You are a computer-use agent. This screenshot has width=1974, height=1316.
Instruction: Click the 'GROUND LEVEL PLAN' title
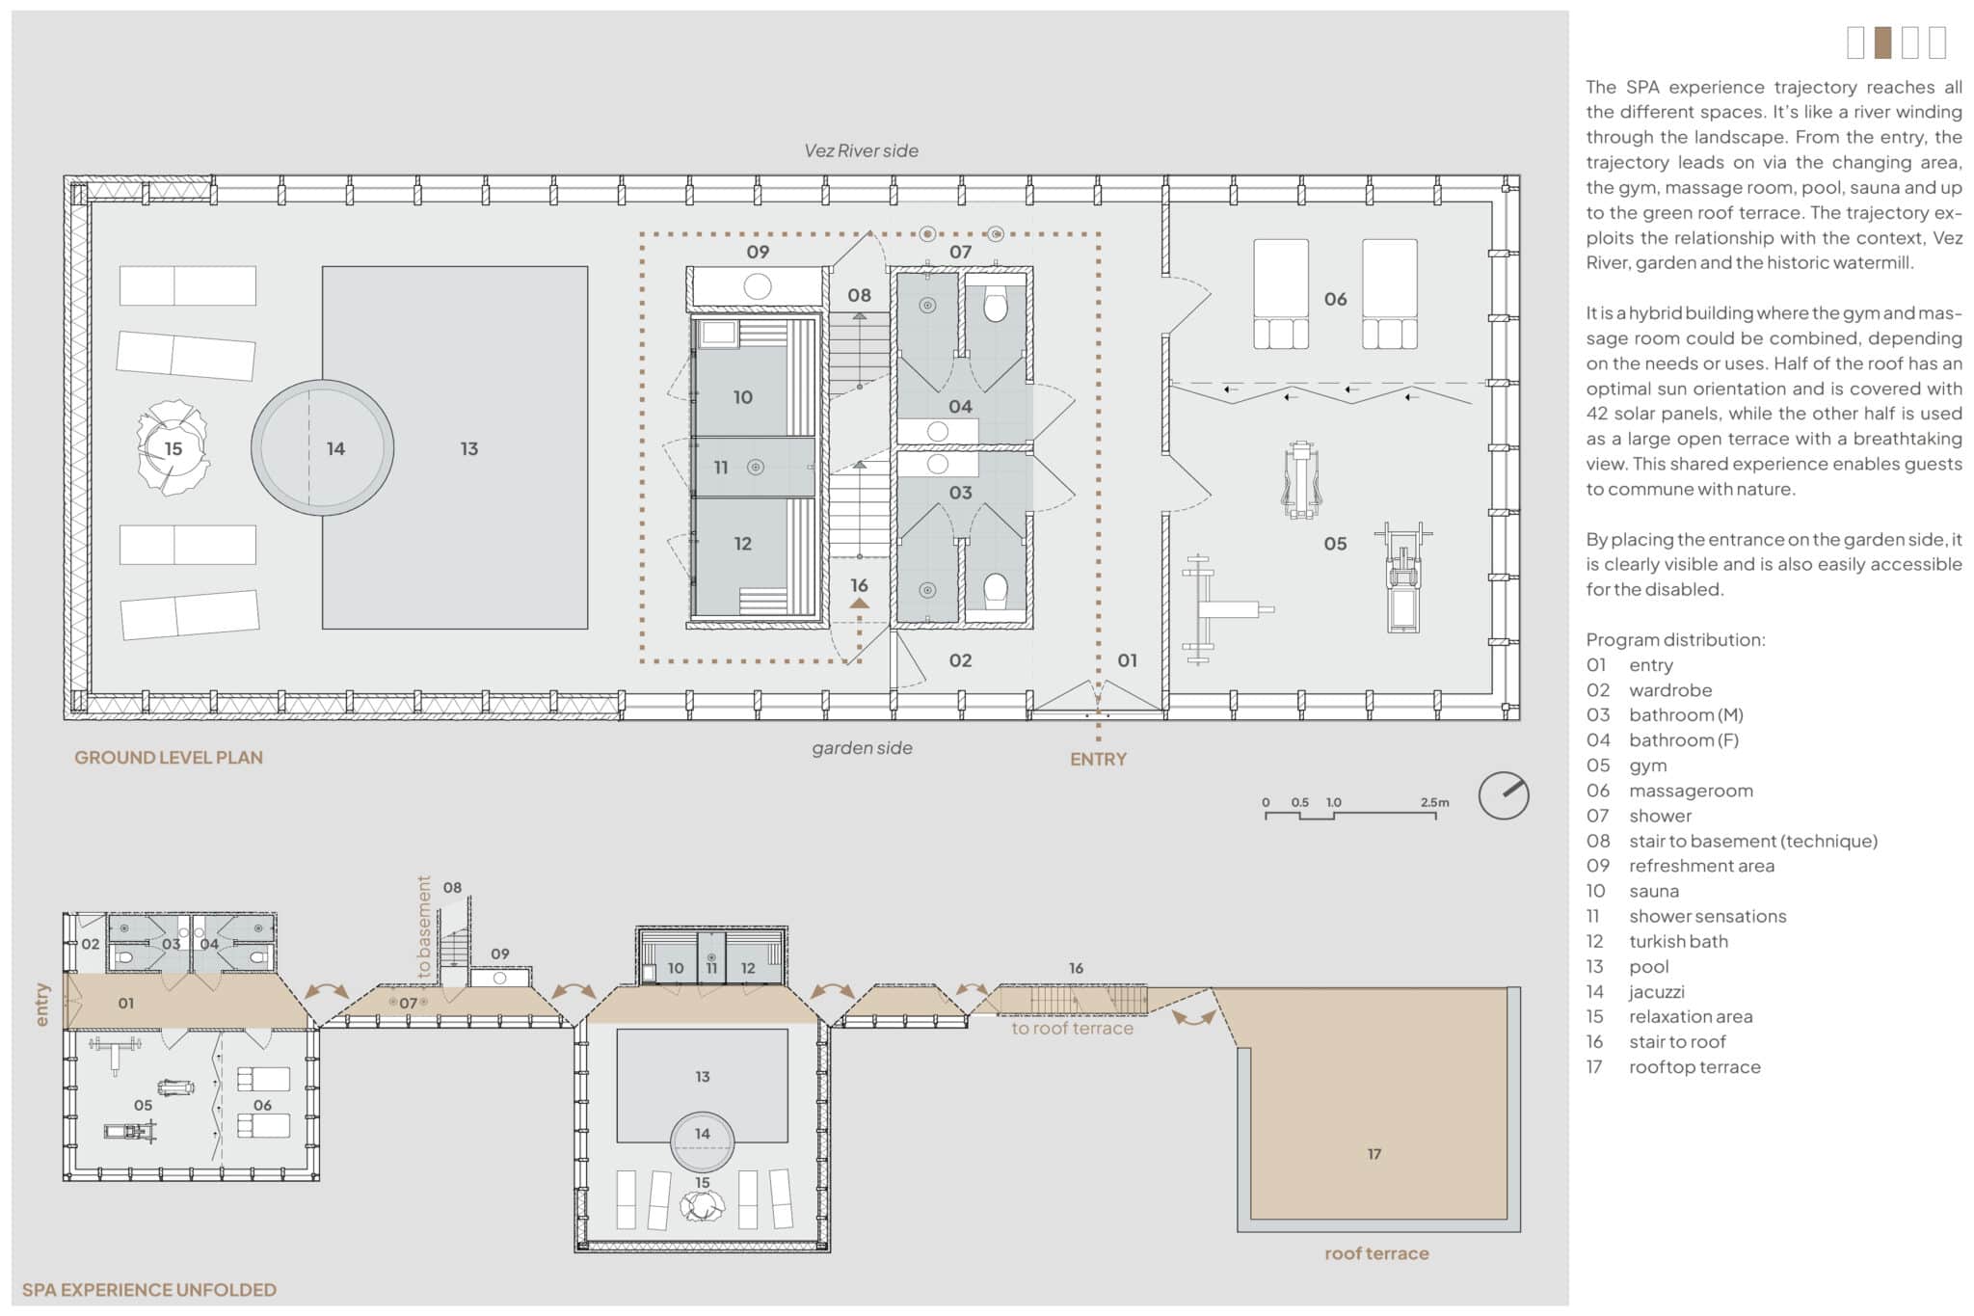(169, 758)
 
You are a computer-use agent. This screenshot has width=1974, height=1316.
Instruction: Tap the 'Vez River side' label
(861, 150)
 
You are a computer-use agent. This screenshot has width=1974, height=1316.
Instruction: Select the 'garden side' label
(862, 748)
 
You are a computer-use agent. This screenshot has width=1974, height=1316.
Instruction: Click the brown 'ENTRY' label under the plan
(1098, 760)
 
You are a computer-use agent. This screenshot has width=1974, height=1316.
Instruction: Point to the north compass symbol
(1504, 795)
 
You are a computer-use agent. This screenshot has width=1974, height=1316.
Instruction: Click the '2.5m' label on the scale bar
(1434, 802)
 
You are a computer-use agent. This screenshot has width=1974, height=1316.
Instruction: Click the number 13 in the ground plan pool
(469, 449)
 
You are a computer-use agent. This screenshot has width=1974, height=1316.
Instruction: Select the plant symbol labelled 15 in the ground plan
(173, 448)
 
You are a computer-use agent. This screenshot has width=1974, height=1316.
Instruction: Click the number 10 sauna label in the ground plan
(742, 397)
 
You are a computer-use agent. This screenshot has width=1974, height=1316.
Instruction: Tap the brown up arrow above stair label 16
(859, 604)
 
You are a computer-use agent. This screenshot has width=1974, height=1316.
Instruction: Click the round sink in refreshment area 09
(758, 286)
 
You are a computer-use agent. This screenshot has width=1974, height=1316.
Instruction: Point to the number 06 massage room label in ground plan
(1335, 300)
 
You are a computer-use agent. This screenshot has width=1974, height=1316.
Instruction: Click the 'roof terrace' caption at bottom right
(1376, 1253)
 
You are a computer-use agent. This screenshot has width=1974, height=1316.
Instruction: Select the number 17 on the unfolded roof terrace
(1374, 1154)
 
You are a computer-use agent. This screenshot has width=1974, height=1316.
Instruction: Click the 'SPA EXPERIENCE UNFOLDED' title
(149, 1290)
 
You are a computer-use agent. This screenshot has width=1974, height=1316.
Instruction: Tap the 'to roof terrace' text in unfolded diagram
(1072, 1029)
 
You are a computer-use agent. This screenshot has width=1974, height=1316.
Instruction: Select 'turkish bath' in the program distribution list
(1678, 942)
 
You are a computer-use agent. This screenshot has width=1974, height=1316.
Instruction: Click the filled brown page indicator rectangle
(1882, 42)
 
